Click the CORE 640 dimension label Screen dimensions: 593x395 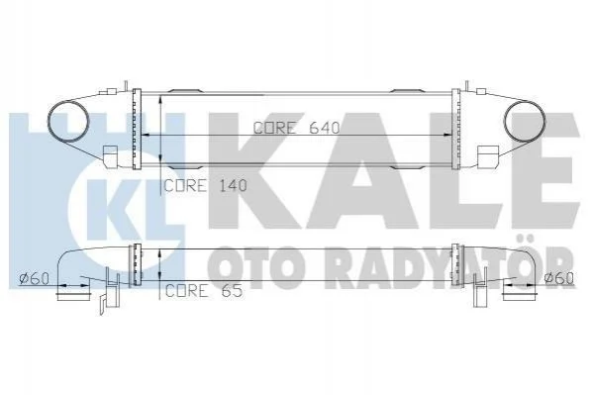click(x=297, y=128)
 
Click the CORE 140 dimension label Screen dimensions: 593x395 click(x=205, y=185)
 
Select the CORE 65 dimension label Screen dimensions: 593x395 click(x=204, y=291)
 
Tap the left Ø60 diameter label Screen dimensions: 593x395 click(x=34, y=279)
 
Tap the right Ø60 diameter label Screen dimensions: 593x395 click(x=559, y=278)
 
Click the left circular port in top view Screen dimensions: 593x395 click(x=68, y=121)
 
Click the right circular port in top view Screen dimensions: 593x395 click(x=525, y=121)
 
